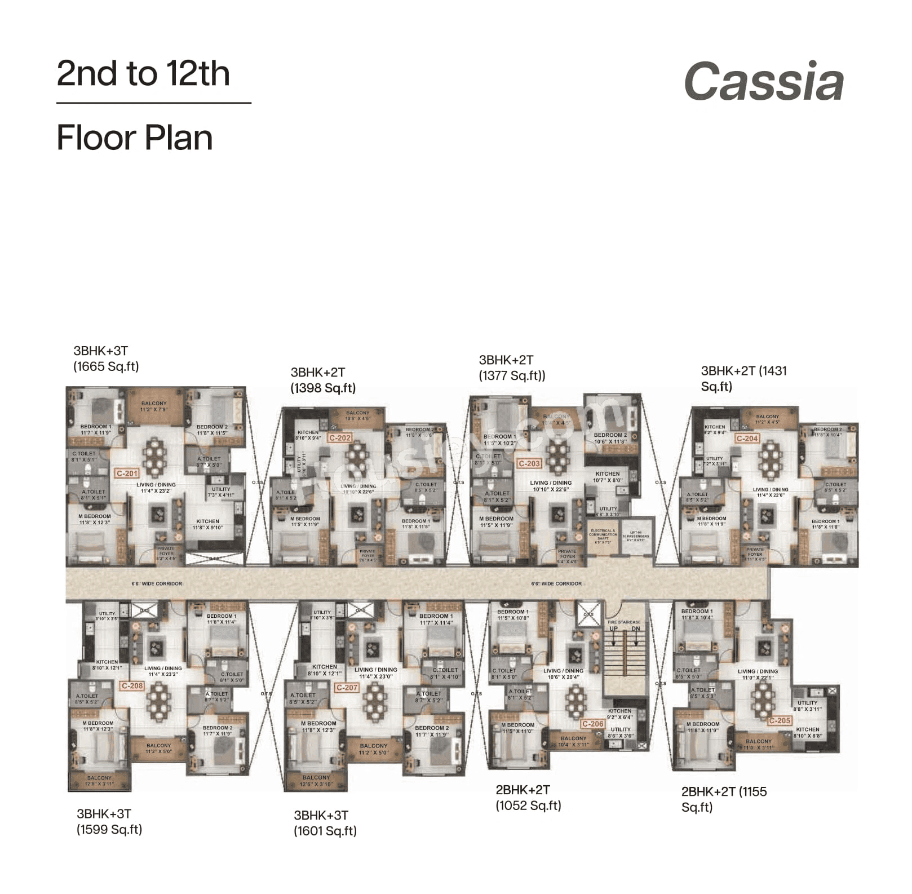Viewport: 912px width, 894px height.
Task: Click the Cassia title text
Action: pos(764,82)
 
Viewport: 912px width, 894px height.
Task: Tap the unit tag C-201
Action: pos(127,473)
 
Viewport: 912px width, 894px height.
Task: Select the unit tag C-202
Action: pos(340,438)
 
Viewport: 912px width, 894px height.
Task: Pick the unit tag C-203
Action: pos(529,463)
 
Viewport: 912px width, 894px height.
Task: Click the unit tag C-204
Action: pos(747,438)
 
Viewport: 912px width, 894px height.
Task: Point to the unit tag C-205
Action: pos(780,720)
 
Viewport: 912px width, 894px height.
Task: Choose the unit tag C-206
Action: pos(593,724)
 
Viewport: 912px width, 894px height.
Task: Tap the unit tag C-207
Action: pos(347,688)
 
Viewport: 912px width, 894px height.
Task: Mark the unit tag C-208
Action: pos(132,686)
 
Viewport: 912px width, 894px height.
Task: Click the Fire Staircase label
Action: pos(624,622)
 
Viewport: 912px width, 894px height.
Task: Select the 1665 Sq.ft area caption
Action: pos(106,366)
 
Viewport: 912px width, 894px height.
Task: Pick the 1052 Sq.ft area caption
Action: pos(528,806)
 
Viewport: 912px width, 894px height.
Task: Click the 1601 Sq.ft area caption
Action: pos(325,831)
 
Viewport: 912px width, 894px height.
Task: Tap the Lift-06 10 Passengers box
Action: pos(636,536)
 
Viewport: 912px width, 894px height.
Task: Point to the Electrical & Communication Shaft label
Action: pos(603,536)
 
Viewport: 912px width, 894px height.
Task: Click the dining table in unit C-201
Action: pos(154,457)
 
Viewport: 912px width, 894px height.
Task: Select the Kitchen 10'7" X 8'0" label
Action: pos(607,477)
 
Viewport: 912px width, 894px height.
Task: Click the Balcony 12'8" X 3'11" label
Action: pos(99,781)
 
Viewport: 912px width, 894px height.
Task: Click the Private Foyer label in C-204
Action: pos(755,554)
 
